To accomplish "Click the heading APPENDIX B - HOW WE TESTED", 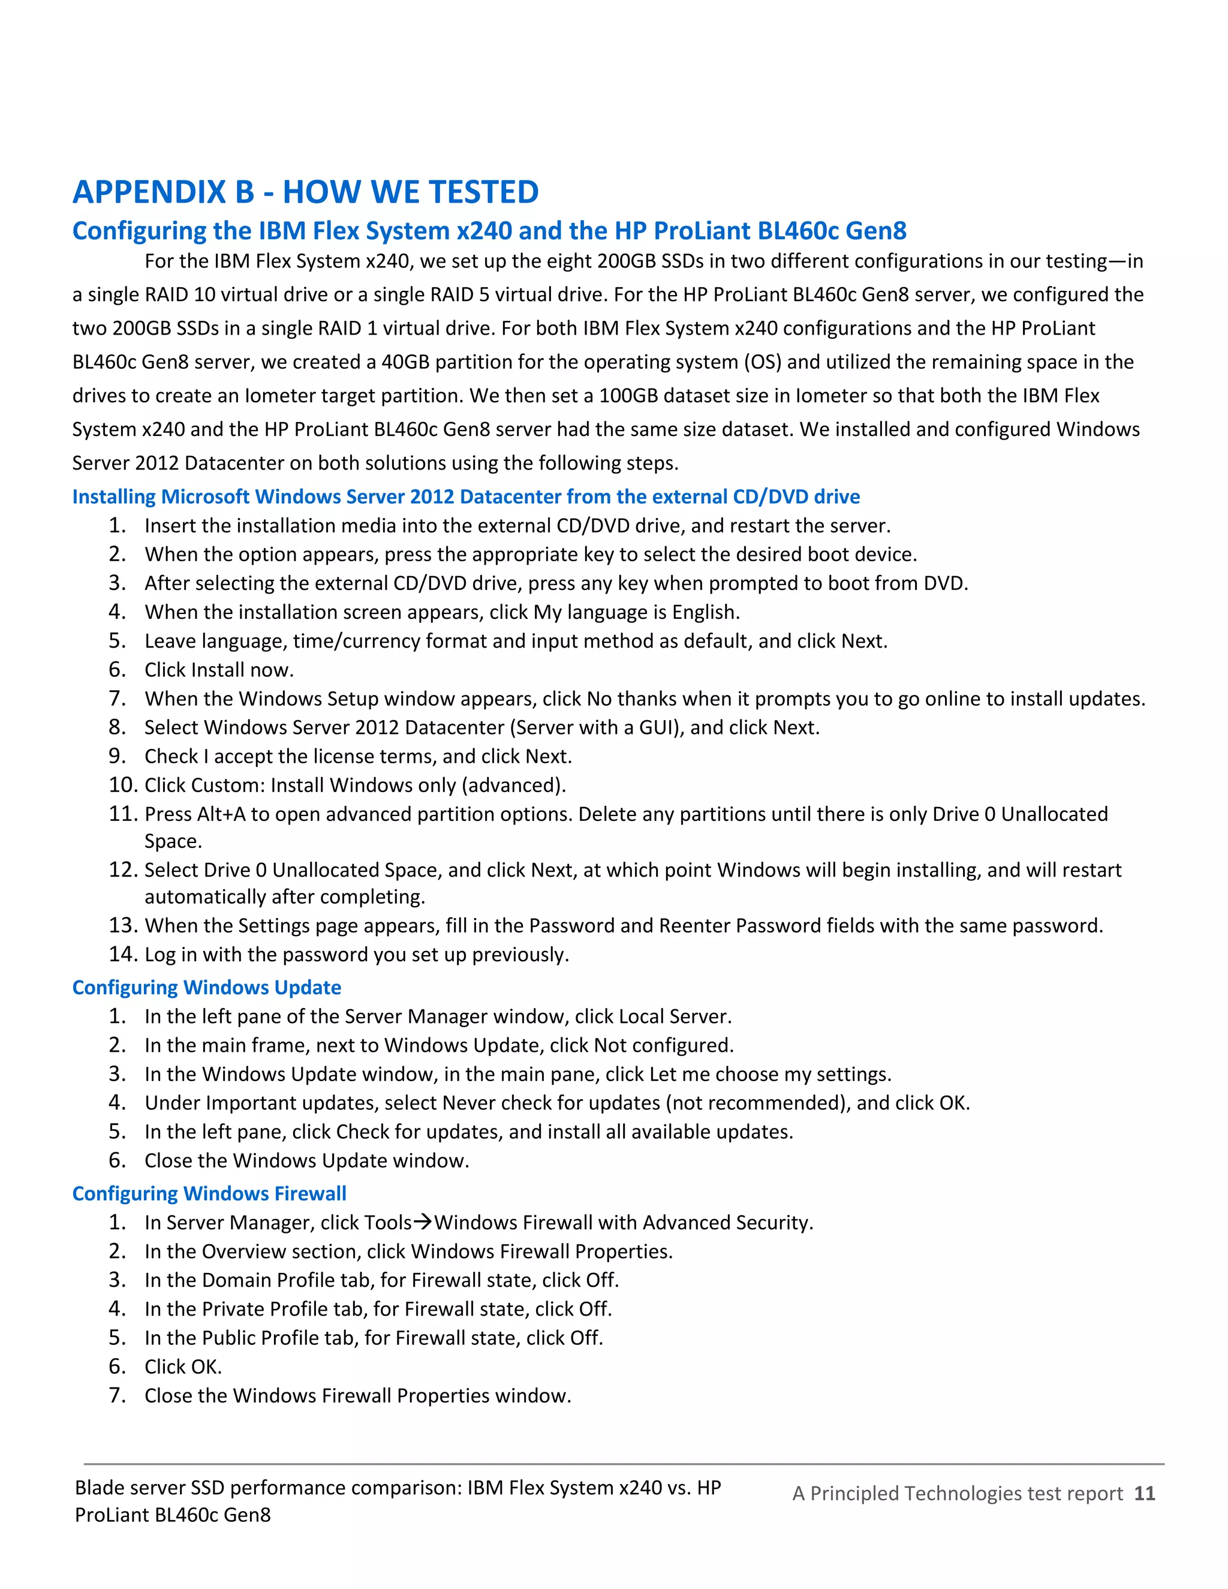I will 306,192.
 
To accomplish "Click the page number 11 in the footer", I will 1144,1494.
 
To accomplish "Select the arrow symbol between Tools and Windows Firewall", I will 423,1222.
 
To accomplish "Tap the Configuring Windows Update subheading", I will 207,988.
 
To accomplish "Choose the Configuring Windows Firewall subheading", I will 209,1193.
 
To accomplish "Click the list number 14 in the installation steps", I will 122,954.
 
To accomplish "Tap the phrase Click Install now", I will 218,670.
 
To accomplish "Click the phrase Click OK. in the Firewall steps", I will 183,1367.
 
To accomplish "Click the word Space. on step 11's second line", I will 173,842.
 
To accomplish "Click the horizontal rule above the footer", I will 624,1464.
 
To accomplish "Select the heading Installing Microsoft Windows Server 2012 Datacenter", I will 465,497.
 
